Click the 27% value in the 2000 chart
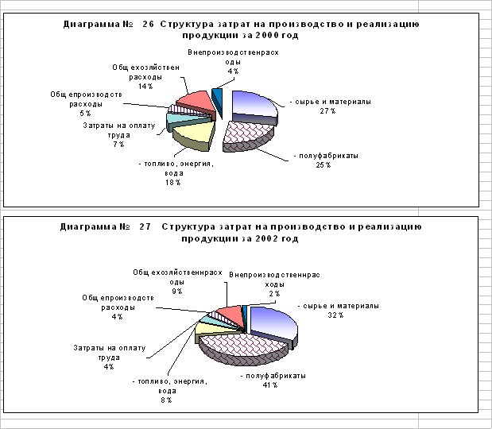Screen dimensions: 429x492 [x=323, y=112]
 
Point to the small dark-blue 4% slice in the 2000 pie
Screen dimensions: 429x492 [x=217, y=98]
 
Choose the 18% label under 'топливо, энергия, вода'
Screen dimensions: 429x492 [x=172, y=183]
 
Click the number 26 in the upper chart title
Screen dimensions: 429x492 [x=147, y=25]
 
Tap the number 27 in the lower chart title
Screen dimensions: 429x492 [x=145, y=226]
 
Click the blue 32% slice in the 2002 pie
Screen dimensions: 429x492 [x=273, y=321]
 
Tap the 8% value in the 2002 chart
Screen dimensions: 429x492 [x=166, y=400]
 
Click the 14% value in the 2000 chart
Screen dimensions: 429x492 [x=145, y=87]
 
